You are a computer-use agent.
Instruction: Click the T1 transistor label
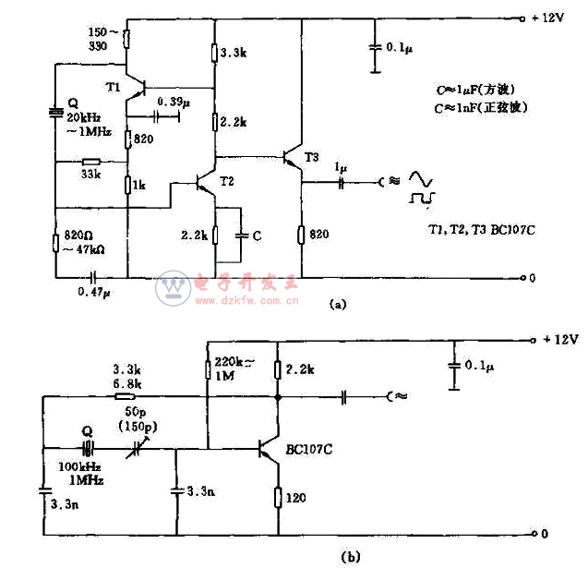click(x=113, y=87)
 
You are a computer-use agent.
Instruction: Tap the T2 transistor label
click(x=227, y=181)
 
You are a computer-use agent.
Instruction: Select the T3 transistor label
click(x=312, y=159)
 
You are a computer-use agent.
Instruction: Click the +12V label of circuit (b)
click(x=555, y=339)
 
